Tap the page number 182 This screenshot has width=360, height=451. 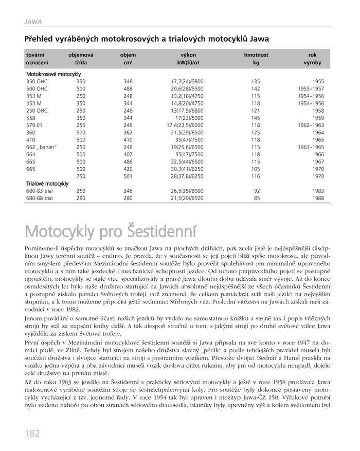coord(31,433)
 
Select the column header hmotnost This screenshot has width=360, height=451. coord(256,55)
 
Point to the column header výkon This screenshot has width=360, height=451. coord(188,55)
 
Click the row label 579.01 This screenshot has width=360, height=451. coord(36,125)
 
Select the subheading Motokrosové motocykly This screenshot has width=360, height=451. coord(53,74)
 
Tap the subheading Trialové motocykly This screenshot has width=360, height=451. coord(47,183)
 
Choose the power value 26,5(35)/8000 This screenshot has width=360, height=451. coord(187,190)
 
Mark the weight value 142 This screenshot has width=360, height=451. coord(256,88)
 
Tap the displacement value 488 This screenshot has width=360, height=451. coord(128,88)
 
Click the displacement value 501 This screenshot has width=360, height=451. coord(128,176)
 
